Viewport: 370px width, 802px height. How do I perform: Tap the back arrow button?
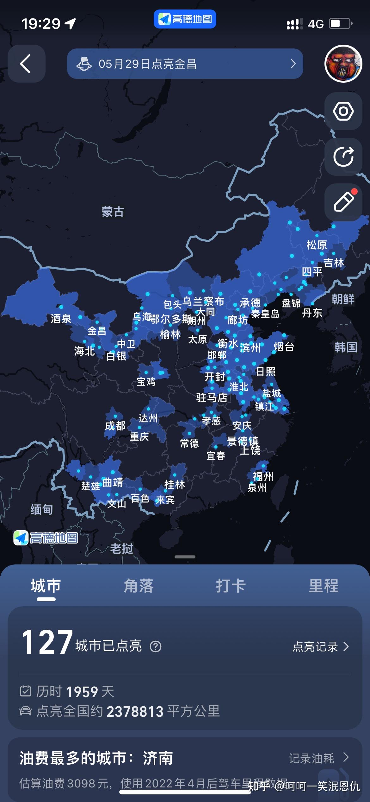[26, 64]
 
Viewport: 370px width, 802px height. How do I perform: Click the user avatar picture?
[343, 64]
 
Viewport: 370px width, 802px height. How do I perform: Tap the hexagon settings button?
[343, 111]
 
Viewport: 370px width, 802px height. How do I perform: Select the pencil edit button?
[343, 202]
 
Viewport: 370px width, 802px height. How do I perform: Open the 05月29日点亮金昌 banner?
[185, 64]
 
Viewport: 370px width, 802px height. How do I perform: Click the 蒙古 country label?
[113, 212]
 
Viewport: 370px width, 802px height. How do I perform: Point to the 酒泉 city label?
[61, 318]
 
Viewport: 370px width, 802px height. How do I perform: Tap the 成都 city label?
[115, 426]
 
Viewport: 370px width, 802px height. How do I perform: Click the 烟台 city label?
[284, 347]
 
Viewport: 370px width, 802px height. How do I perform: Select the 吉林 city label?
[333, 263]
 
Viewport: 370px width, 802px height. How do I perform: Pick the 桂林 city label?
[175, 484]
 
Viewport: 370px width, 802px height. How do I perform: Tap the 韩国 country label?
[346, 347]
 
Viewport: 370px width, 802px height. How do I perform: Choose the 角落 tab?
[139, 586]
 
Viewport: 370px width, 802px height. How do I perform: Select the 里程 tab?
[324, 586]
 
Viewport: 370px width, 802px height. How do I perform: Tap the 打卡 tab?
[231, 586]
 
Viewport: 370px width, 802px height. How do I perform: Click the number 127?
[47, 642]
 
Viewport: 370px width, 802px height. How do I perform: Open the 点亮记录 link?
[320, 646]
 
